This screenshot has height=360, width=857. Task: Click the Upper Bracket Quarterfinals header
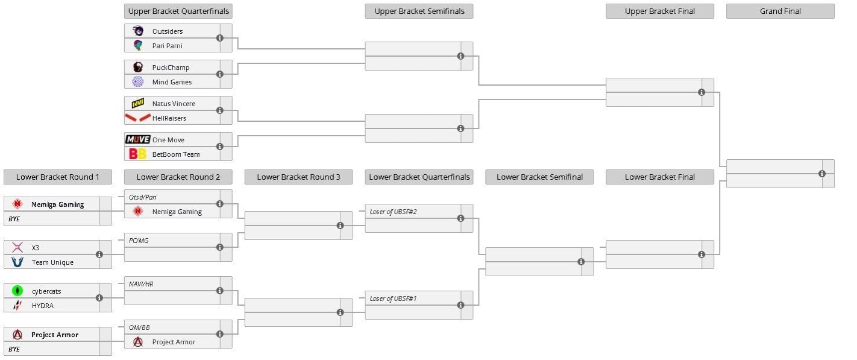[178, 11]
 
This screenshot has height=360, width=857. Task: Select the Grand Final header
[780, 11]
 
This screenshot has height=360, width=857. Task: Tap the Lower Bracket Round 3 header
[298, 177]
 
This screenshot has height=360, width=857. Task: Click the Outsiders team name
[168, 31]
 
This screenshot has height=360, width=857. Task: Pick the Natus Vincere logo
[138, 103]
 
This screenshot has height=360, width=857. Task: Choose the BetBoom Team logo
[138, 154]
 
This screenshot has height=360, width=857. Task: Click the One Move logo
[138, 139]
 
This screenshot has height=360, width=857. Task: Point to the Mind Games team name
[172, 82]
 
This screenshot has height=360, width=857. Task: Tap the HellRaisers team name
[169, 118]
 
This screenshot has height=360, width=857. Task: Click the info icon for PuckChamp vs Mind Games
[219, 74]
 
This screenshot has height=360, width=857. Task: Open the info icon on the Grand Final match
[822, 174]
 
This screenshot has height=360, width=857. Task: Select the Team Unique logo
[17, 262]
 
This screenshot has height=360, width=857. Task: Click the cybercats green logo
[17, 291]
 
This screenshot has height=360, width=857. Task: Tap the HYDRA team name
[42, 306]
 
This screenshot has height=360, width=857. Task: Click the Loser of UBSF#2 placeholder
[393, 212]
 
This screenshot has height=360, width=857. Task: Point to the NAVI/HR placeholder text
[141, 284]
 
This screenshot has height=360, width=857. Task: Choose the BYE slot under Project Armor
[14, 349]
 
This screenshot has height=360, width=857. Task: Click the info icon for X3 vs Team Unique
[99, 254]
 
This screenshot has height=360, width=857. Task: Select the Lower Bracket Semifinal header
[539, 177]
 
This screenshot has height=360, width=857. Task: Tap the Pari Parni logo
[138, 46]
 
